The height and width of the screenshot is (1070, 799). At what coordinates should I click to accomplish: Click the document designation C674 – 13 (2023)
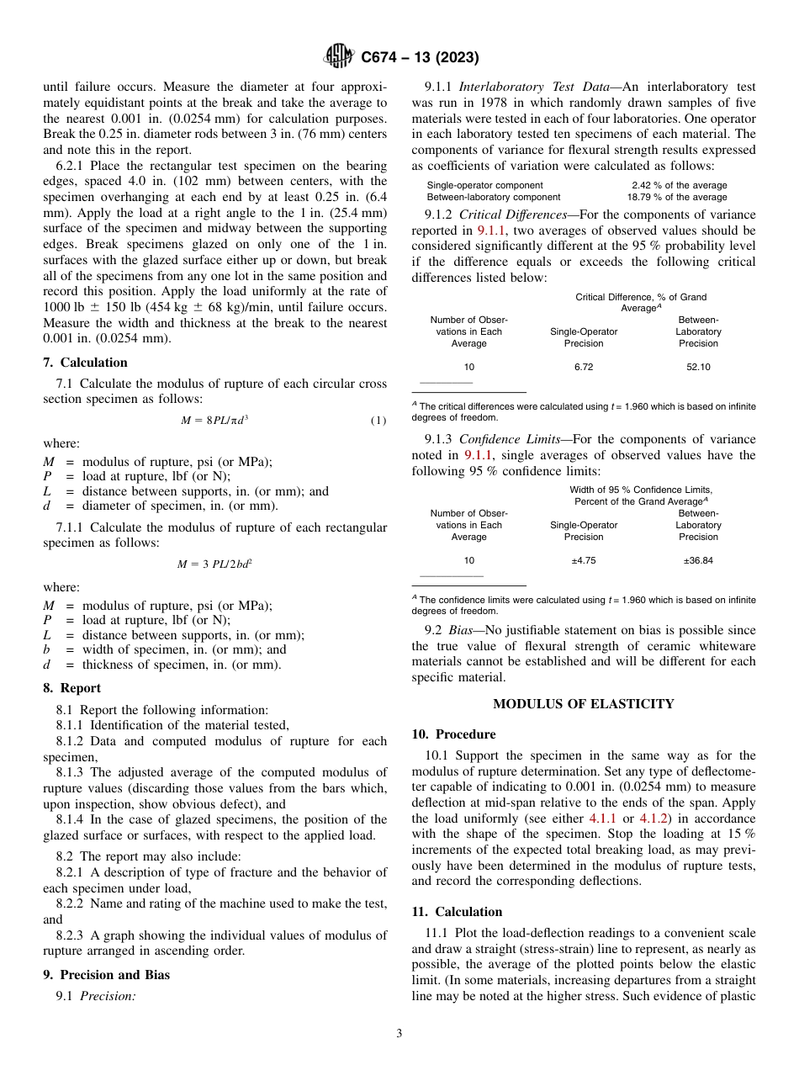click(x=419, y=57)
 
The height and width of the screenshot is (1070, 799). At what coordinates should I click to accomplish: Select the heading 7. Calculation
click(x=85, y=363)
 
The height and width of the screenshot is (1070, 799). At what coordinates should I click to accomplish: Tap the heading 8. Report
click(x=71, y=688)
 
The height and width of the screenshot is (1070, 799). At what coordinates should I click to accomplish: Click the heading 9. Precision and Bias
click(x=106, y=975)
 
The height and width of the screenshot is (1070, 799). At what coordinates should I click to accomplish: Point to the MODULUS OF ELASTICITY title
click(x=583, y=703)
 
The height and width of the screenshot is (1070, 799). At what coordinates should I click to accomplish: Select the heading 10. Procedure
click(x=453, y=734)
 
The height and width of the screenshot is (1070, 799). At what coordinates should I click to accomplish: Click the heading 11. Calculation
click(x=457, y=912)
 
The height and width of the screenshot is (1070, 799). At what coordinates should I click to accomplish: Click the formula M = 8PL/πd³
click(x=214, y=420)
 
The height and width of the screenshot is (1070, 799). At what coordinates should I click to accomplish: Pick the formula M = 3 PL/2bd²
click(x=214, y=564)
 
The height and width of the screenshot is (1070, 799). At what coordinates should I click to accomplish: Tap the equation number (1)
click(x=378, y=420)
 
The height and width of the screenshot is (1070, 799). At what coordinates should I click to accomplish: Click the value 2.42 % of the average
click(x=679, y=185)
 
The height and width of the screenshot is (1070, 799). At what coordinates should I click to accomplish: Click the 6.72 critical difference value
click(x=583, y=367)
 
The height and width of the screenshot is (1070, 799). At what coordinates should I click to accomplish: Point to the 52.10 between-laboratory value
click(x=698, y=367)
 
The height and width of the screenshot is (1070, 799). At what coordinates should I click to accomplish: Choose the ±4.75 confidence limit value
click(x=583, y=560)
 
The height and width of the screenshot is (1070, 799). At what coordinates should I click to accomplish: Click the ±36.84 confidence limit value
click(x=697, y=560)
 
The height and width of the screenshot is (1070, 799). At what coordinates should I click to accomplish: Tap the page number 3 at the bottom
click(x=399, y=1033)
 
